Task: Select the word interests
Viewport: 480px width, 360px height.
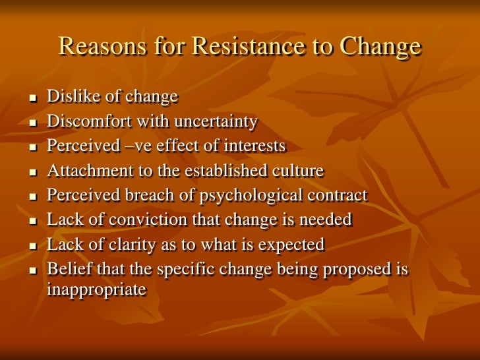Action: click(256, 146)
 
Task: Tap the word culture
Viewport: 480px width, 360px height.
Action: click(297, 171)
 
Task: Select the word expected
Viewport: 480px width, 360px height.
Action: click(293, 245)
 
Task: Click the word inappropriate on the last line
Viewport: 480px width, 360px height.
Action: click(96, 289)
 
